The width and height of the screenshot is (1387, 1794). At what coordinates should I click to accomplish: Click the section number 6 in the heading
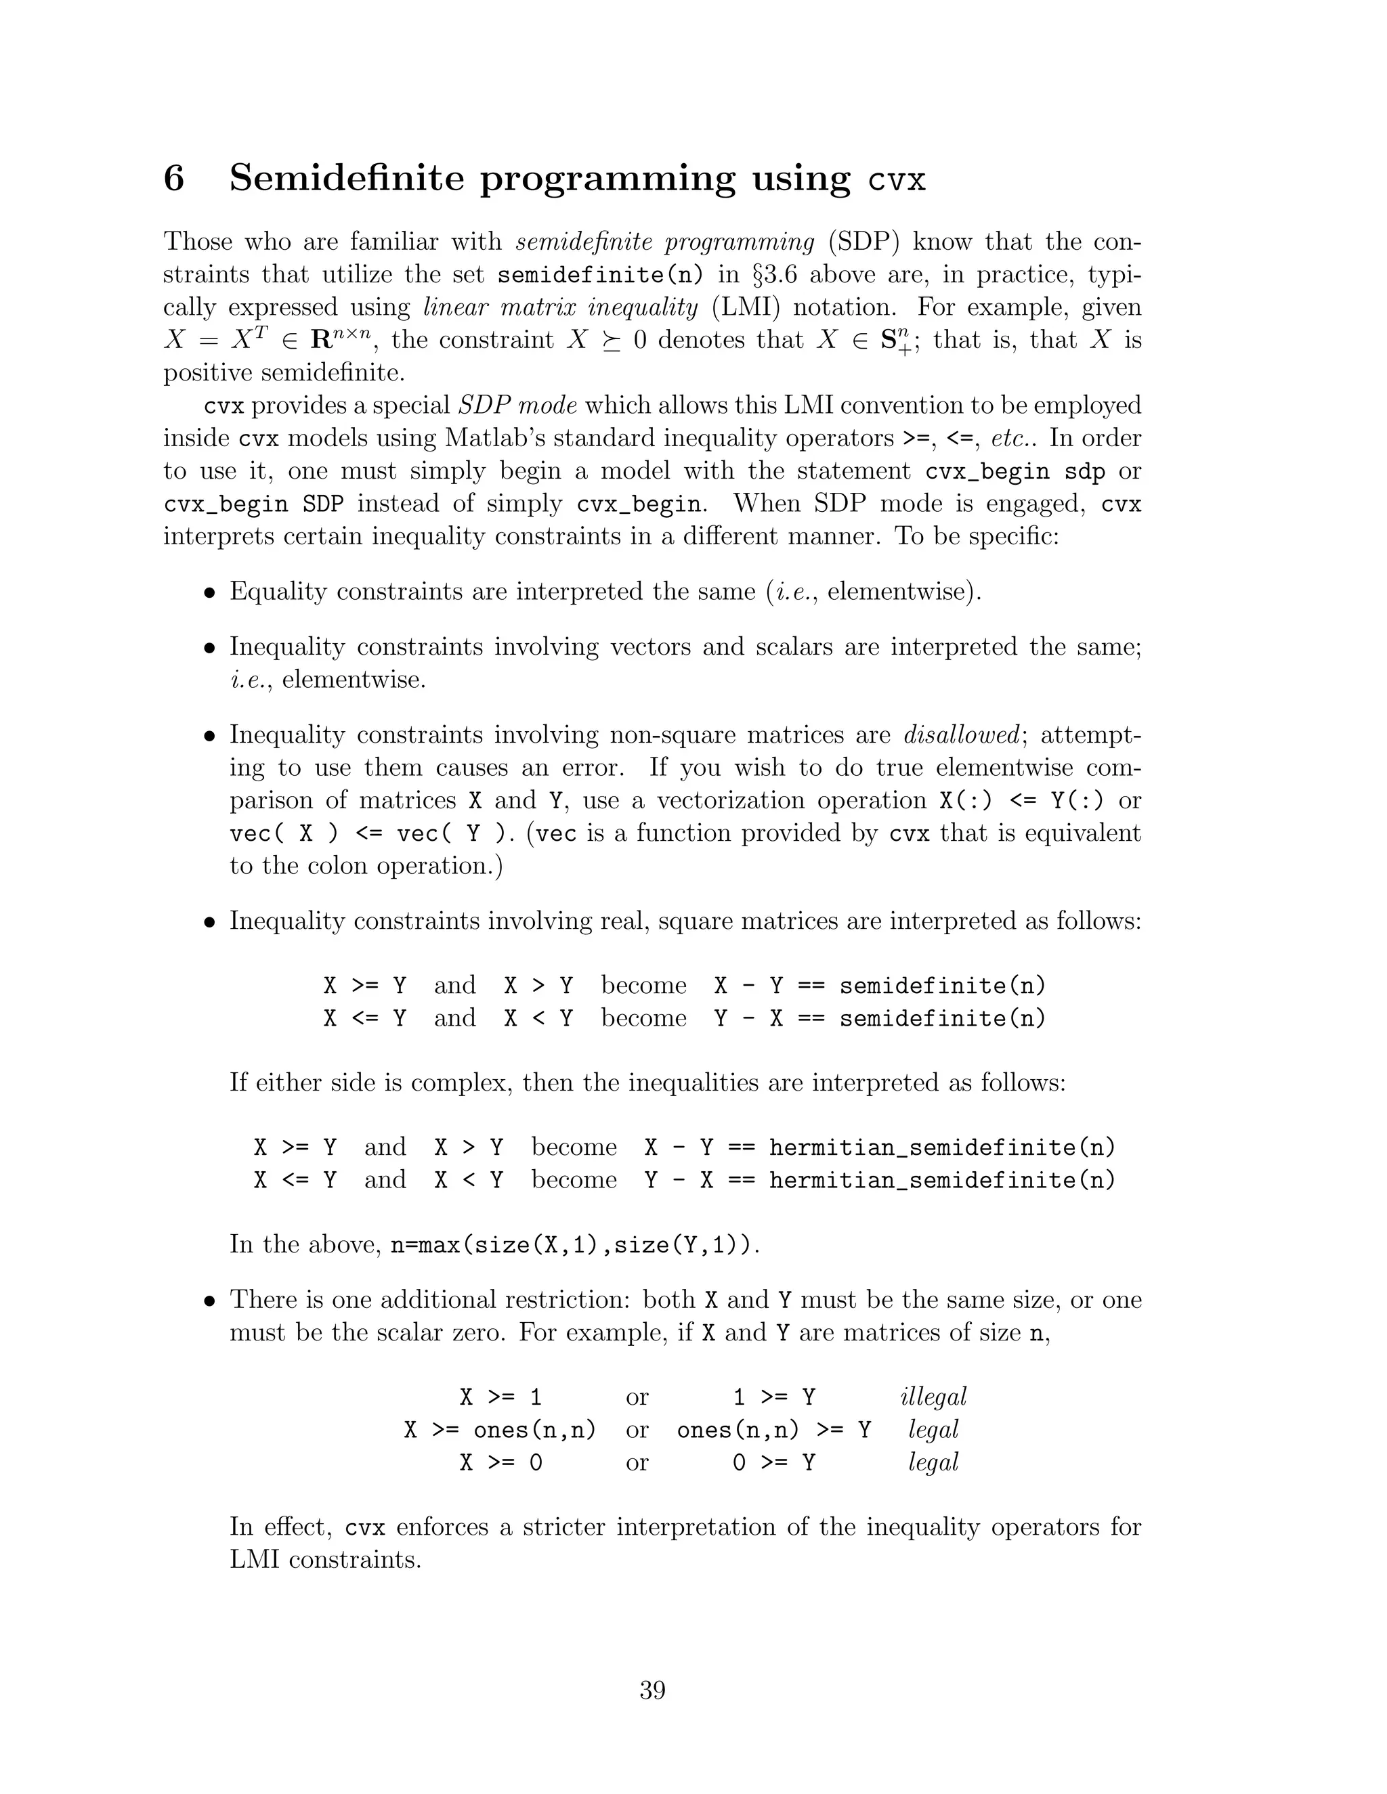click(x=174, y=178)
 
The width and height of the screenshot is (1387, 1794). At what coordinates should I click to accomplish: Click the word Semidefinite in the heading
click(x=347, y=178)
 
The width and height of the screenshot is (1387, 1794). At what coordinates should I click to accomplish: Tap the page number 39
click(x=652, y=1690)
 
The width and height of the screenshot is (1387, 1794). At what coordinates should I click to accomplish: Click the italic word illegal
click(x=933, y=1397)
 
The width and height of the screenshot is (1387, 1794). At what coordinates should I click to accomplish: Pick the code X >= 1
click(x=501, y=1397)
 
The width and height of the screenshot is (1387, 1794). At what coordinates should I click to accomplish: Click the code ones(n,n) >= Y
click(x=774, y=1430)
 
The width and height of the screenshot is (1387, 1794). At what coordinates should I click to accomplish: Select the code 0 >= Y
click(x=774, y=1463)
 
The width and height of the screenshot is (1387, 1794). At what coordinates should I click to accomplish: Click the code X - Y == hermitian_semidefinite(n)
click(x=880, y=1147)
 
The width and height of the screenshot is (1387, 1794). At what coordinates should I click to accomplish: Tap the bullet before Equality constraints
click(x=211, y=593)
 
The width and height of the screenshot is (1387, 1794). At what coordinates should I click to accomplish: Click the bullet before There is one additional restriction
click(x=211, y=1301)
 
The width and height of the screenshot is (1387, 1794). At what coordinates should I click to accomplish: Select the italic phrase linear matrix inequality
click(x=560, y=307)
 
